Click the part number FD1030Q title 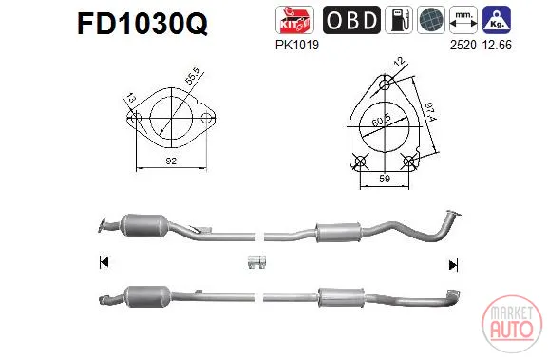coord(142,24)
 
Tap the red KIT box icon coord(294,20)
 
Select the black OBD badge coord(351,20)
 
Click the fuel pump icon coord(399,20)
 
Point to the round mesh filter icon coord(431,20)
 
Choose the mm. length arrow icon coord(463,20)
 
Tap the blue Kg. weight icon coord(497,20)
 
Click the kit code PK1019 coord(297,45)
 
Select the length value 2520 coord(463,45)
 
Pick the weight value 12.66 coord(497,45)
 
